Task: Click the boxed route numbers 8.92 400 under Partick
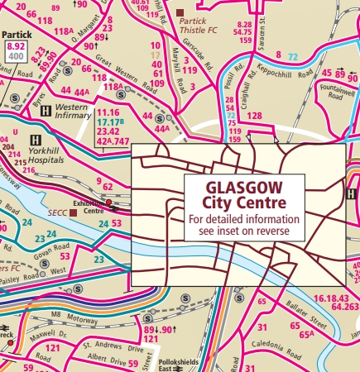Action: [16, 54]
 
